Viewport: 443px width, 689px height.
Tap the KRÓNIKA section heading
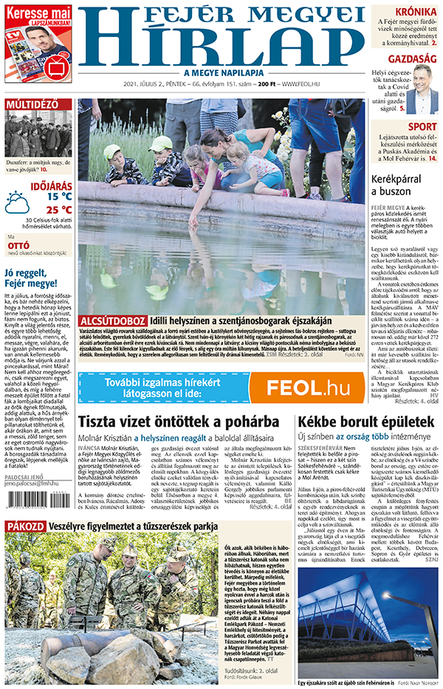click(416, 13)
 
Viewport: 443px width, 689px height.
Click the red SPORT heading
click(422, 127)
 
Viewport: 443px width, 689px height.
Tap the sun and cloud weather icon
click(17, 202)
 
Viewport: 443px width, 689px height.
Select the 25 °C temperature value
click(59, 210)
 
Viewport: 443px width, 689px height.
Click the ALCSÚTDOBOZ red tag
click(113, 320)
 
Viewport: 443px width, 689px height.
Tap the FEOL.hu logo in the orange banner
click(306, 387)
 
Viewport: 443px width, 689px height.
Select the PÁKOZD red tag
click(24, 526)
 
